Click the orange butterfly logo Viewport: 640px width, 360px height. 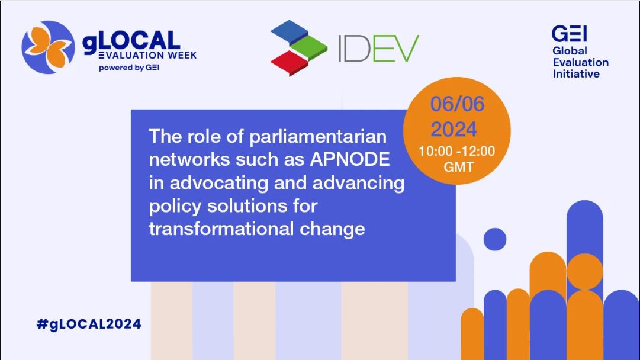pyautogui.click(x=48, y=47)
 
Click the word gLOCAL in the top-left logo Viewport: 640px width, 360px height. pyautogui.click(x=131, y=41)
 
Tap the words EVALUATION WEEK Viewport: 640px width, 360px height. pyautogui.click(x=148, y=55)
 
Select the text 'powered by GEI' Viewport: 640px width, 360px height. pyautogui.click(x=129, y=67)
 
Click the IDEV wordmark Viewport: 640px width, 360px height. pyautogui.click(x=379, y=48)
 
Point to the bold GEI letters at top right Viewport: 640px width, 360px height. pyautogui.click(x=570, y=34)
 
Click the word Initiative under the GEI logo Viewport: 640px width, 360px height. pyautogui.click(x=576, y=74)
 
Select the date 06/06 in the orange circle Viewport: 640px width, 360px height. pyautogui.click(x=457, y=104)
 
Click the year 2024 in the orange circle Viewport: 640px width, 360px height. pyautogui.click(x=454, y=130)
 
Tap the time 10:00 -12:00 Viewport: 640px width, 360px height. pyautogui.click(x=456, y=151)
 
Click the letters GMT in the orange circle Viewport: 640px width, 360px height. pyautogui.click(x=459, y=167)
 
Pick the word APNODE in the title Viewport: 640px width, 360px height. pyautogui.click(x=350, y=159)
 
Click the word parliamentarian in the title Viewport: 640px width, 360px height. pyautogui.click(x=317, y=137)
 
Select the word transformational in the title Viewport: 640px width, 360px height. pyautogui.click(x=221, y=229)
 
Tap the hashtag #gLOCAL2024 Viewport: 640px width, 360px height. pyautogui.click(x=89, y=324)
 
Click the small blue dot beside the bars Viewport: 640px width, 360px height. pyautogui.click(x=495, y=239)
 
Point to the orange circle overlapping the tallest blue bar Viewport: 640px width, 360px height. pyautogui.click(x=584, y=271)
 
